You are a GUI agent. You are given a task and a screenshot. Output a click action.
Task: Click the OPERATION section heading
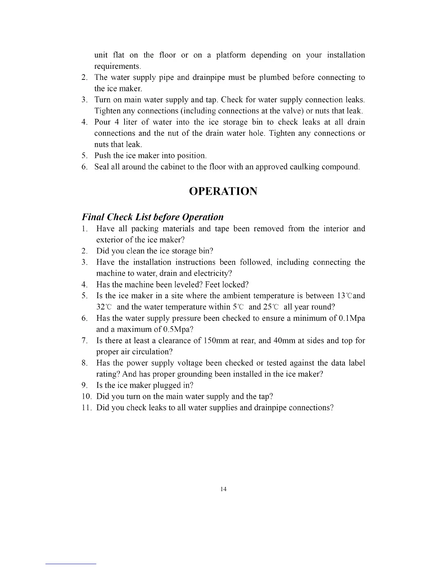click(223, 191)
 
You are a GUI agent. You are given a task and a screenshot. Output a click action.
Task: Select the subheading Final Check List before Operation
click(153, 217)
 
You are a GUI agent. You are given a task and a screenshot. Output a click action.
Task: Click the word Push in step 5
click(103, 156)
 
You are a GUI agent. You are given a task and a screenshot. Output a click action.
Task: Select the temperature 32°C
click(104, 307)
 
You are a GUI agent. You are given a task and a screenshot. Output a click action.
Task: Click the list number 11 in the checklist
click(86, 408)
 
